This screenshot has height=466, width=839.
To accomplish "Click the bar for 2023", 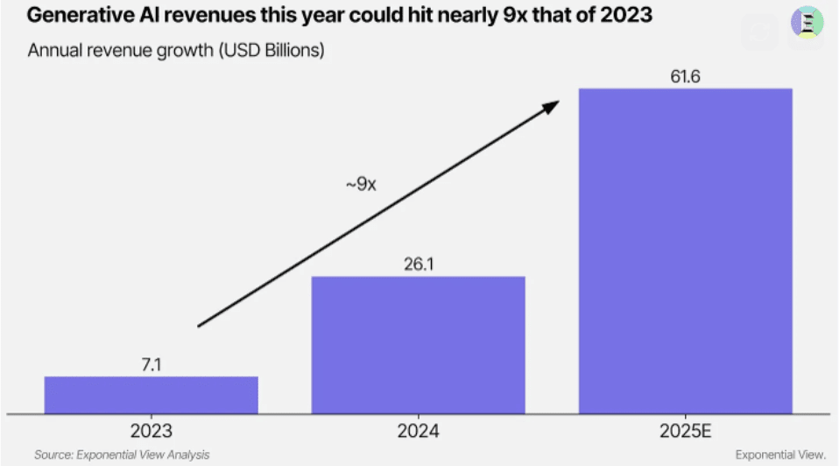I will tap(151, 394).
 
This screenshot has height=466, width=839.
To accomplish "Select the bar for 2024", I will tap(419, 344).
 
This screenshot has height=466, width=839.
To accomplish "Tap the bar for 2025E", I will tap(686, 251).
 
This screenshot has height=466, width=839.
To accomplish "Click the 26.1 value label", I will tap(419, 264).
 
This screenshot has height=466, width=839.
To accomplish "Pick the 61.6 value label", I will tap(686, 75).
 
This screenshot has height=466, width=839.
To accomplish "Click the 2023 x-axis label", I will tap(152, 431).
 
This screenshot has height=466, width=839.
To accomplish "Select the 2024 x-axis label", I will tap(418, 431).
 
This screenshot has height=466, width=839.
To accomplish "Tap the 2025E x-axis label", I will tap(686, 431).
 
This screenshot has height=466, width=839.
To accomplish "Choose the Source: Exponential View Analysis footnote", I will tap(122, 455).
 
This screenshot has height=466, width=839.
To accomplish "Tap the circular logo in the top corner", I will tap(807, 22).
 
